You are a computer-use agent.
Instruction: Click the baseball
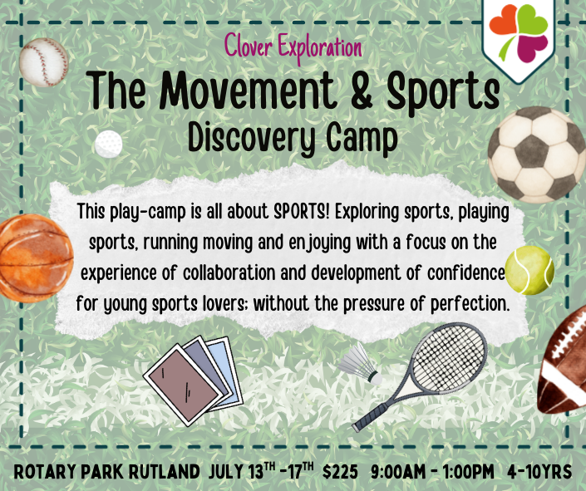pos(43,61)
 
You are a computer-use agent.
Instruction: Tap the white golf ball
pos(108,143)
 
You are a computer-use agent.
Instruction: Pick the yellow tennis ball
pos(529,269)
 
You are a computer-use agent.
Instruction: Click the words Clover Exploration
pos(293,47)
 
